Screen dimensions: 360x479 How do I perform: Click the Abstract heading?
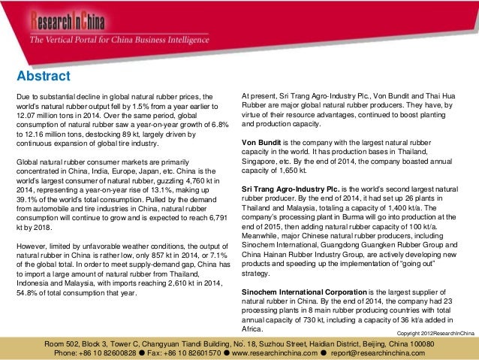[x=44, y=77]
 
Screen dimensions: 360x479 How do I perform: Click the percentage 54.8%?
[x=29, y=293]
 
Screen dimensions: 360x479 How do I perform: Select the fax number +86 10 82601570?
[x=198, y=352]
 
